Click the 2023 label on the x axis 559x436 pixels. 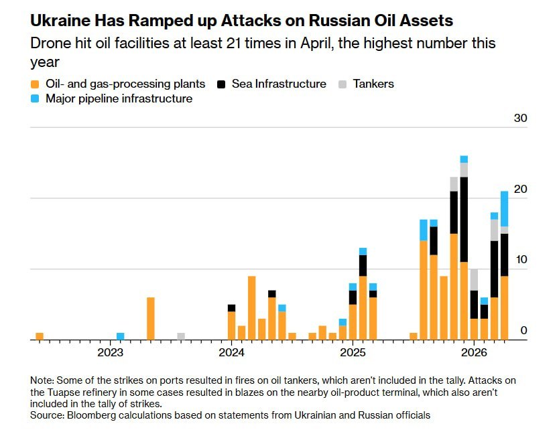pos(110,353)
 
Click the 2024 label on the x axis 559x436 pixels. pos(231,353)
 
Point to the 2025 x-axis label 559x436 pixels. pos(353,353)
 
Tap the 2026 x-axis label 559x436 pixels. pos(474,353)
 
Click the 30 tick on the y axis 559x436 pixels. pos(521,119)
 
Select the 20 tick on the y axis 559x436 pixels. pos(521,190)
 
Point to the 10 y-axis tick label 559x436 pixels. pos(521,260)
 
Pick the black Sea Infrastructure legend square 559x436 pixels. pos(221,84)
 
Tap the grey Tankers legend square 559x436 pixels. pos(343,84)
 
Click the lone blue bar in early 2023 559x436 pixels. pos(120,336)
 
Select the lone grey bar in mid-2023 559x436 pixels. pos(181,336)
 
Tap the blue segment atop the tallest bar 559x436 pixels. pos(464,159)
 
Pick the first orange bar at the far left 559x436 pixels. pos(40,336)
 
